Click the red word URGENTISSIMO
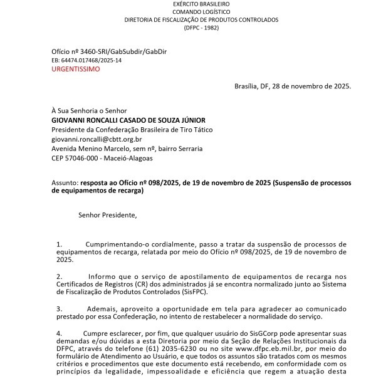pyautogui.click(x=75, y=69)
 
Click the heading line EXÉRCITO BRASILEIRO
pyautogui.click(x=201, y=4)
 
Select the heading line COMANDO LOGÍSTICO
pyautogui.click(x=201, y=12)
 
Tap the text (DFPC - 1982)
pyautogui.click(x=201, y=28)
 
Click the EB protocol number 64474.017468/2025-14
pyautogui.click(x=86, y=60)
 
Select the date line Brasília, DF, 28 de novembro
pyautogui.click(x=292, y=86)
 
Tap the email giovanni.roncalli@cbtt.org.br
pyautogui.click(x=97, y=139)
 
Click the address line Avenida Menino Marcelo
pyautogui.click(x=127, y=149)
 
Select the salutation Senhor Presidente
pyautogui.click(x=107, y=215)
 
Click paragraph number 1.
pyautogui.click(x=60, y=244)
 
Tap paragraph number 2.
pyautogui.click(x=60, y=276)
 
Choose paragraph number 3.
pyautogui.click(x=60, y=309)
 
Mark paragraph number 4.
pyautogui.click(x=60, y=333)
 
